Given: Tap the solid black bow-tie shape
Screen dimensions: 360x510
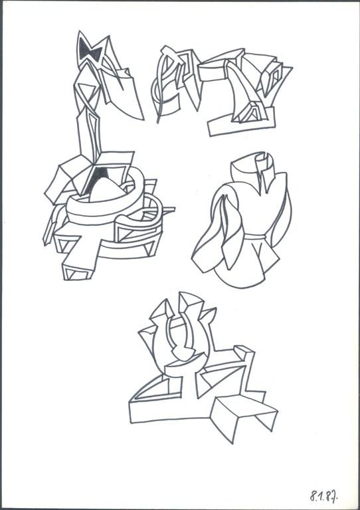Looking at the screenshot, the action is [x=90, y=51].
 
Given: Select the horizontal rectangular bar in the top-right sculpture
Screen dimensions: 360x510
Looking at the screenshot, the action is [x=211, y=72].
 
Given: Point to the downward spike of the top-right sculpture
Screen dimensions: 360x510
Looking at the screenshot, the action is [x=193, y=93].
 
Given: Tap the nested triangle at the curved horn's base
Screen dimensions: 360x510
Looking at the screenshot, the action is [x=250, y=112].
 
